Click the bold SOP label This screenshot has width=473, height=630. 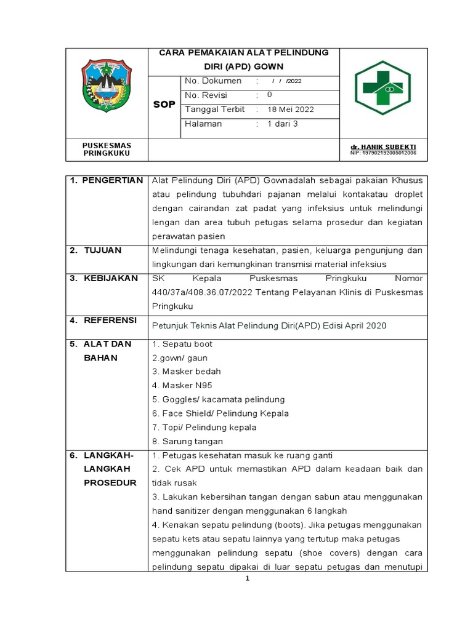164,105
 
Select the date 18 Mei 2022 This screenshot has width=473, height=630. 291,110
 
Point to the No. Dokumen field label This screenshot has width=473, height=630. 212,81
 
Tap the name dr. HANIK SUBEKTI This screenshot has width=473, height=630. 382,146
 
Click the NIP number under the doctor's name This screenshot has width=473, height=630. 382,152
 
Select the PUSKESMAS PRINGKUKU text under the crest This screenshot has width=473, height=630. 107,149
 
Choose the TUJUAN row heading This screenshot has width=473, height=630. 103,250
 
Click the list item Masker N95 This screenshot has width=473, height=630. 182,385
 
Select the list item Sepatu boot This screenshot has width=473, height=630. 182,344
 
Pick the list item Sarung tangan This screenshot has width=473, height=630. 187,441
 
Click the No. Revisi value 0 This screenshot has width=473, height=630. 269,95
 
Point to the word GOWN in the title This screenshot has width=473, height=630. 270,66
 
